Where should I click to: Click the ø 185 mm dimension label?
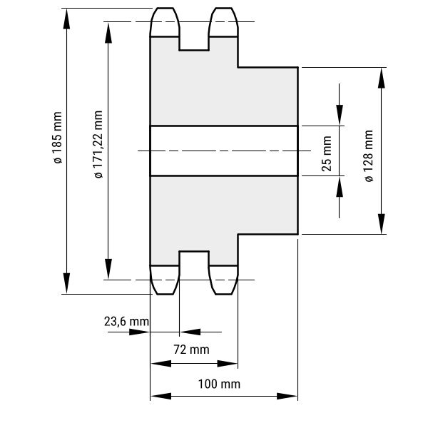[x=58, y=138]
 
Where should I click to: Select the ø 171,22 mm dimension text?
[x=98, y=144]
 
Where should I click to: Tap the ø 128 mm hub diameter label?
[x=368, y=156]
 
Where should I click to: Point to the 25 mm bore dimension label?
[x=327, y=153]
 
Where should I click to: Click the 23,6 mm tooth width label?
[x=126, y=321]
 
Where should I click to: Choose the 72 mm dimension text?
[x=191, y=350]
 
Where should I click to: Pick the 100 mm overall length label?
[x=219, y=384]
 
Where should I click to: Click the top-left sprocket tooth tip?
[x=165, y=8]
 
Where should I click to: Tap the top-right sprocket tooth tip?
[x=223, y=8]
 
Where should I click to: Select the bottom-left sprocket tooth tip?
[x=165, y=294]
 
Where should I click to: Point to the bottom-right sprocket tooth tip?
[x=223, y=294]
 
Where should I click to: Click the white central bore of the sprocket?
[x=224, y=151]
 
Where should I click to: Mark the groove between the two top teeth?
[x=194, y=43]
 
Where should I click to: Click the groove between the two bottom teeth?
[x=194, y=258]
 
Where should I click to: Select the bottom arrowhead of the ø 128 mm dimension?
[x=382, y=224]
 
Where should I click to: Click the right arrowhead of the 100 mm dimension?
[x=287, y=396]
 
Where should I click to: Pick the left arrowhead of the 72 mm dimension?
[x=161, y=364]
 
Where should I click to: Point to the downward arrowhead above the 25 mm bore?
[x=340, y=115]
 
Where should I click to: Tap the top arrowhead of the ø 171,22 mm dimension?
[x=108, y=34]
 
